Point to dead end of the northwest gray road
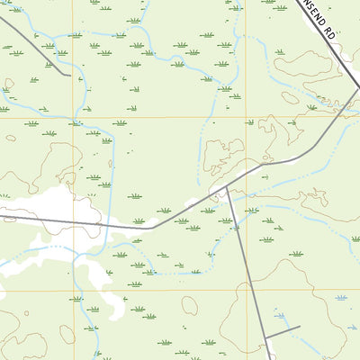[x=69, y=76]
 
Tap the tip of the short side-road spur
[x=300, y=317]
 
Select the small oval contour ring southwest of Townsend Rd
[x=290, y=97]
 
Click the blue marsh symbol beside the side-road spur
[x=340, y=297]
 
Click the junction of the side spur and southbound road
[x=267, y=334]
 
